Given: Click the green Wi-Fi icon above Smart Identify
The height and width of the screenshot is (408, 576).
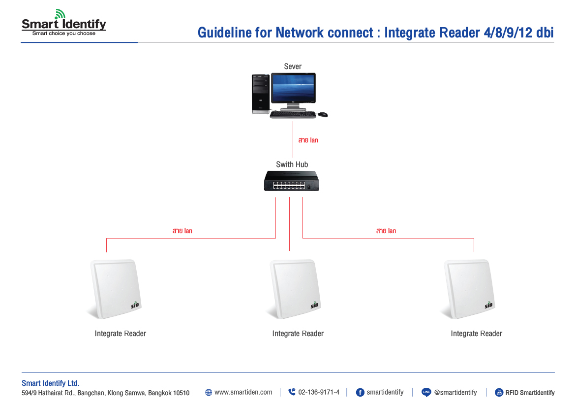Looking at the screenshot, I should tap(60, 14).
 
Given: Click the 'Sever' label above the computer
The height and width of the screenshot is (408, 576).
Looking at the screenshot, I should tap(293, 67).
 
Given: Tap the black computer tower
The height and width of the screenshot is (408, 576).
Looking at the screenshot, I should tap(260, 94).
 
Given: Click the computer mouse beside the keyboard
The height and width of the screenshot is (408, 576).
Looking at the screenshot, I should tap(323, 114).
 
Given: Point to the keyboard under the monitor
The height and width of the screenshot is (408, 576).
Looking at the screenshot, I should tap(293, 115).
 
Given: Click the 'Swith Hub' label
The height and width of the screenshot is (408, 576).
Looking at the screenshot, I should tap(292, 165).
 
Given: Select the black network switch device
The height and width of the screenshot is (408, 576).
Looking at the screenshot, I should tap(291, 181).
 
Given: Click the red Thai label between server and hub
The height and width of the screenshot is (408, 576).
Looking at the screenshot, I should tap(308, 140).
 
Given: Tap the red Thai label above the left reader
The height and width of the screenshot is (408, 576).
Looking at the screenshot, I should tap(182, 231).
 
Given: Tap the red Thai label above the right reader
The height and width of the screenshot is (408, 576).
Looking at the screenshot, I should tap(386, 231).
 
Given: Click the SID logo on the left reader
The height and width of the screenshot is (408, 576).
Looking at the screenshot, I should tap(136, 305).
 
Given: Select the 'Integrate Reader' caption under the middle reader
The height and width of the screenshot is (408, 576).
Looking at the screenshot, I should tap(298, 334).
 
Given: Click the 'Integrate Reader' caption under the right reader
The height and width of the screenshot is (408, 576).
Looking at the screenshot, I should tap(476, 334).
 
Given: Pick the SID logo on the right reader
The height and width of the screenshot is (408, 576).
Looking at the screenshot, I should tap(488, 305).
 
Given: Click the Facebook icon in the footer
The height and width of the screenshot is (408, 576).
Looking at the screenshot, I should tap(360, 392).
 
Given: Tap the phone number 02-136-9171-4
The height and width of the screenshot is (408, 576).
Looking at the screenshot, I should tap(318, 392).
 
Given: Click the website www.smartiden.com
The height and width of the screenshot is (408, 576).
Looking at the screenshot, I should tap(243, 392).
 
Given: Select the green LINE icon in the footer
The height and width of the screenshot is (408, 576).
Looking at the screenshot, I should tap(426, 392).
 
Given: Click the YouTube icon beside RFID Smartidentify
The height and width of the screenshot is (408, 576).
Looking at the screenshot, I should tap(499, 392).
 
